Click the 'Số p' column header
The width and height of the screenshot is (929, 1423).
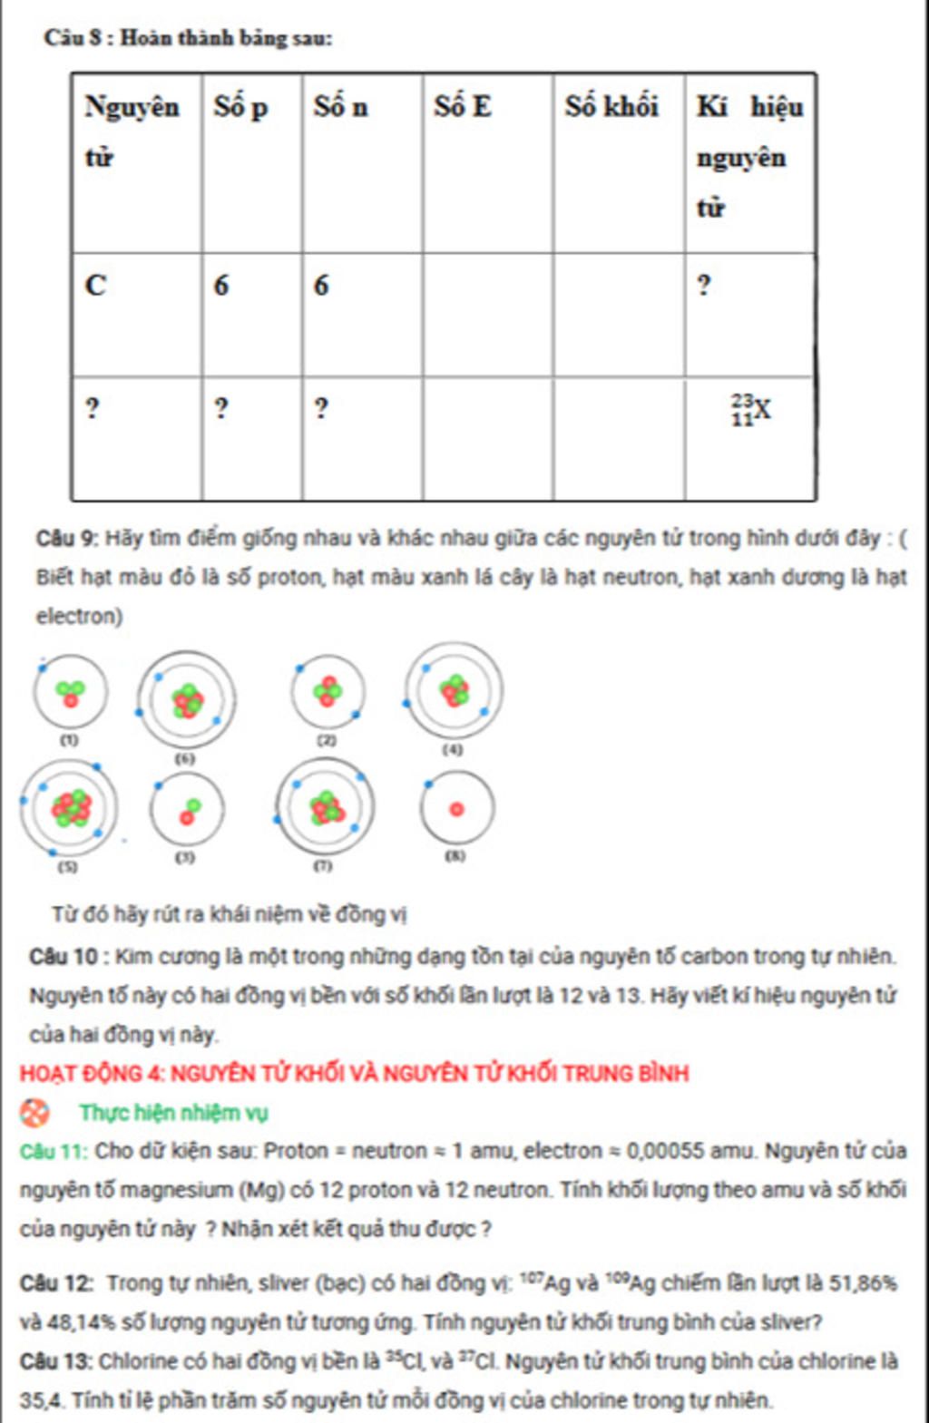[240, 108]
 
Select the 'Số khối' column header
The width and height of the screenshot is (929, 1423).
[611, 107]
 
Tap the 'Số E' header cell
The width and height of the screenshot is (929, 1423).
[463, 107]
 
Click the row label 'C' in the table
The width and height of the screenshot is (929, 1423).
[95, 286]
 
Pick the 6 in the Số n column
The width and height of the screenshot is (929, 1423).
[321, 286]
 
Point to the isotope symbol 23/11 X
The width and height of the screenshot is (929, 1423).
[752, 410]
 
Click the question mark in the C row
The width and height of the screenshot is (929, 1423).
[704, 286]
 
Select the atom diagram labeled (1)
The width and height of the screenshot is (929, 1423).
[70, 693]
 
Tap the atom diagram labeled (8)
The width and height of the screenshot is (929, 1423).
[456, 808]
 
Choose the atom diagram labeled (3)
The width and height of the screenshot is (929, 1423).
[188, 810]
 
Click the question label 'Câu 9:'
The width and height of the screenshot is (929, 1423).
[67, 539]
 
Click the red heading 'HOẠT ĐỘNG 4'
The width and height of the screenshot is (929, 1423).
[91, 1074]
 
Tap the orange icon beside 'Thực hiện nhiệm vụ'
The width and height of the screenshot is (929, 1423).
[34, 1112]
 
